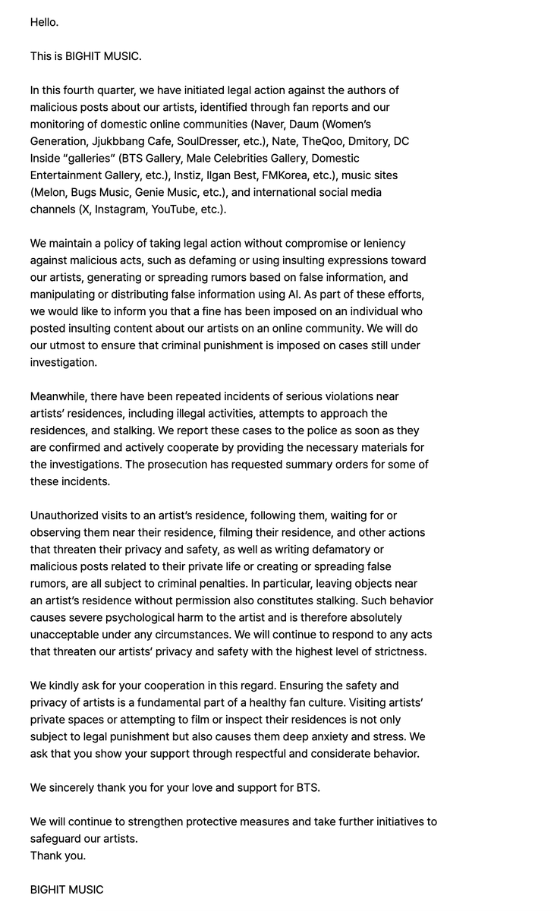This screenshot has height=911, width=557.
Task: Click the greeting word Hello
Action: (x=44, y=22)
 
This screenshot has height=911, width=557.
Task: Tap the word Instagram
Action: (x=121, y=210)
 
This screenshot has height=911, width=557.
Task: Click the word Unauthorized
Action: (x=66, y=515)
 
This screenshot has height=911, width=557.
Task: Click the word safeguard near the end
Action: (x=59, y=839)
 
